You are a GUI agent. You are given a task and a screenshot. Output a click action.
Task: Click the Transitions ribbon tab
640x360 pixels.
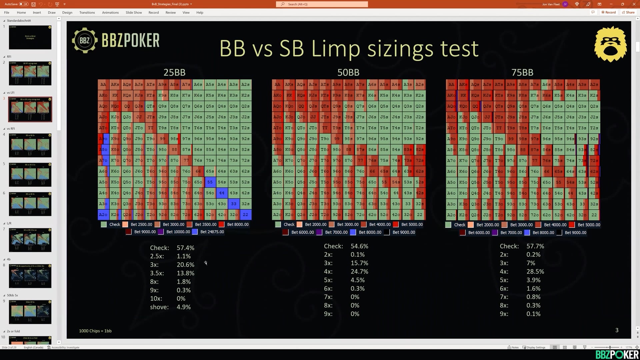coord(87,13)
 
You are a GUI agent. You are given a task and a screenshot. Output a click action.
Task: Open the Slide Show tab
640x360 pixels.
coord(134,13)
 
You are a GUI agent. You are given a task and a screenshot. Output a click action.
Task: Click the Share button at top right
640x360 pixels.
coord(628,12)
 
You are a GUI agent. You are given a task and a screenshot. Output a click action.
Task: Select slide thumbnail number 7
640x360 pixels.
coord(30,240)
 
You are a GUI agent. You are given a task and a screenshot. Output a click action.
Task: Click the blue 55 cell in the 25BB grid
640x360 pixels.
coord(210,182)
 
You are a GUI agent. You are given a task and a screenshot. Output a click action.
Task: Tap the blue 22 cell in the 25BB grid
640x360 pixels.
coord(245,215)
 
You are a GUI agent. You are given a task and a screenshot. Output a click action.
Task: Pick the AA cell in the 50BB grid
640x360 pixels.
coord(277,85)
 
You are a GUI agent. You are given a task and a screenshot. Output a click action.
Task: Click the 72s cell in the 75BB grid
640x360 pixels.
coord(594,161)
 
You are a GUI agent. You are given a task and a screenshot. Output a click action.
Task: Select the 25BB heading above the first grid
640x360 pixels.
coord(174,72)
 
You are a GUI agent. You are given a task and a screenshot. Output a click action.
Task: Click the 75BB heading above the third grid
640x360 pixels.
coord(522,72)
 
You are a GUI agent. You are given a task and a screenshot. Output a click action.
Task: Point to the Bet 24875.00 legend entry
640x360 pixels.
coord(212,232)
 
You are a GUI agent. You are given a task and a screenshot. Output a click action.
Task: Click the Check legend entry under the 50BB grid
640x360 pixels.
coord(289,225)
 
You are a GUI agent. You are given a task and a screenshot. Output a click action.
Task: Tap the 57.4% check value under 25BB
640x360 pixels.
coord(185,248)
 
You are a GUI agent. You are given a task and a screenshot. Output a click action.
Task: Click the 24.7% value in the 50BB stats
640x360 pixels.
coord(359,272)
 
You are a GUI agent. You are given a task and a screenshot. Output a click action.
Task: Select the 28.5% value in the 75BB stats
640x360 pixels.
coord(535,272)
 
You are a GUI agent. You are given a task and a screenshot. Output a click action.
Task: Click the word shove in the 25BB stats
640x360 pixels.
coord(159,307)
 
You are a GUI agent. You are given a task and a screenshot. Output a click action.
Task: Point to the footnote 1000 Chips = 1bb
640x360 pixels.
coord(95,331)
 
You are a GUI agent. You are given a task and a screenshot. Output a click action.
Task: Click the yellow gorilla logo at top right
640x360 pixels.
coord(610,45)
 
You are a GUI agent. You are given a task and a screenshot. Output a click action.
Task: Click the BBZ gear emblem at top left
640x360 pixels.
coord(85,41)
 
